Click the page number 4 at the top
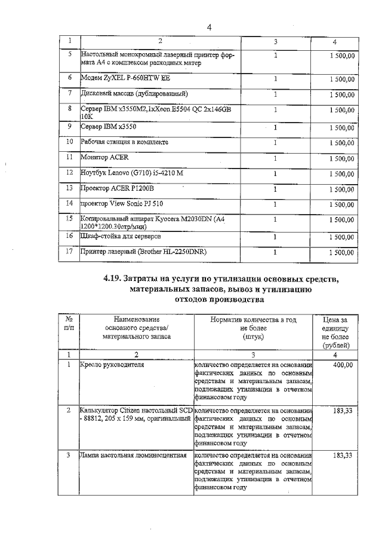point(210,27)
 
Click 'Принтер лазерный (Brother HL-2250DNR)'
point(143,252)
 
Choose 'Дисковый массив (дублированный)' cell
point(134,94)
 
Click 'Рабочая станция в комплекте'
point(125,142)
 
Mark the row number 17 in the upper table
point(70,252)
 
